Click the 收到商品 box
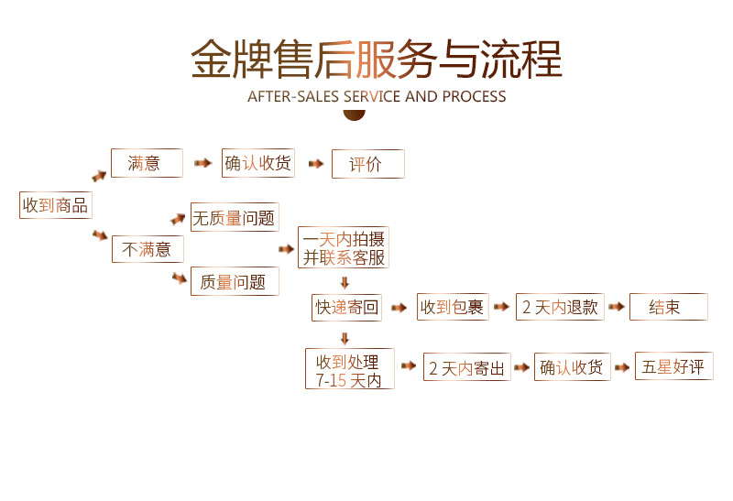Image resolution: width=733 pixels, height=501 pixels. coord(56,205)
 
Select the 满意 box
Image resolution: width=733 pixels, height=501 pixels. coord(147,163)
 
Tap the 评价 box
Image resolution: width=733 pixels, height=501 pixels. coord(367,164)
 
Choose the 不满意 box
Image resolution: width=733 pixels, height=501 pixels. coord(148,248)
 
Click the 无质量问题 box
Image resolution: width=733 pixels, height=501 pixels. coord(235,217)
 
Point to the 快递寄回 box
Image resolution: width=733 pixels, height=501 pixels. coord(346,307)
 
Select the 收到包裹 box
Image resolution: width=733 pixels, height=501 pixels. coord(452,307)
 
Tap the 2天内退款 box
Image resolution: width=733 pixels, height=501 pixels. coord(560,307)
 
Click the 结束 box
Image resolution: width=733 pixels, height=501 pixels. coord(668,307)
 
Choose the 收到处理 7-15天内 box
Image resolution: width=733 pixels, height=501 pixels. coord(349,369)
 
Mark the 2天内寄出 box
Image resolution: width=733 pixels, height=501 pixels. coord(466,368)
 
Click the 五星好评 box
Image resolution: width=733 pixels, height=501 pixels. coord(673,366)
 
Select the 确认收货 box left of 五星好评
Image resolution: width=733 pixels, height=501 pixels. coord(572,367)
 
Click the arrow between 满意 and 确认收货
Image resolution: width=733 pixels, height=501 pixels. coord(202,164)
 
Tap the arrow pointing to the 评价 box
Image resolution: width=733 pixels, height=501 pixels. coord(316,164)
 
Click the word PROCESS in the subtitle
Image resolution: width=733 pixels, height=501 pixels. coord(474,96)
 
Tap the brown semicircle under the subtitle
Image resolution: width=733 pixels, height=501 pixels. coord(354,114)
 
